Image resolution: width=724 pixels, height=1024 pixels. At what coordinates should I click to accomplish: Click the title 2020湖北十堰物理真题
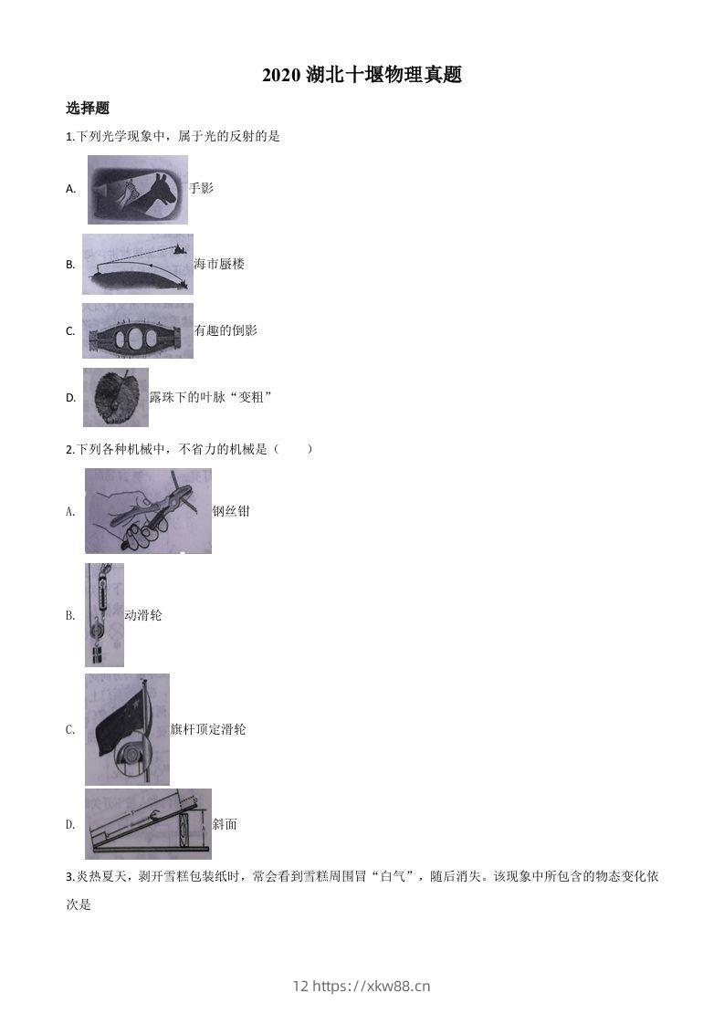362,76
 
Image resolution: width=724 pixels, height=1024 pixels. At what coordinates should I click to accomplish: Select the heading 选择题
88,108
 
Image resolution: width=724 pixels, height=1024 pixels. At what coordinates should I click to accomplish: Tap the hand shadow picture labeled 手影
138,190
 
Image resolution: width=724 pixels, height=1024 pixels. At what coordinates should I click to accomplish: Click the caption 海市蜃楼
219,264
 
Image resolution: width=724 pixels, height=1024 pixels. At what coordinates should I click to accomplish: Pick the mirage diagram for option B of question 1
137,264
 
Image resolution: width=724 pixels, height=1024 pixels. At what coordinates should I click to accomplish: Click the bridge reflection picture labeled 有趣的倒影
137,330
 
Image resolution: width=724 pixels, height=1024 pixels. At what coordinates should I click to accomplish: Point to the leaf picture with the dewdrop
115,397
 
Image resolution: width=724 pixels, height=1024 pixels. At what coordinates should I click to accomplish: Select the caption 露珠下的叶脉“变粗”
211,397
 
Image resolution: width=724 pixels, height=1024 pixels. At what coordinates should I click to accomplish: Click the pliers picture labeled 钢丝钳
148,511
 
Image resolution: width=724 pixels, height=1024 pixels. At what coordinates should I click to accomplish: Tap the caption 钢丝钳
230,511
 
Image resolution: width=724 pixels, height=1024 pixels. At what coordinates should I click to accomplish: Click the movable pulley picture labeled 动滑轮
103,614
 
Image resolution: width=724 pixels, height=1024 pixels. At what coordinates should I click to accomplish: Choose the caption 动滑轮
143,615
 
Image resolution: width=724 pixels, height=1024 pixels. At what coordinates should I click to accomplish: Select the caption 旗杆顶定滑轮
208,729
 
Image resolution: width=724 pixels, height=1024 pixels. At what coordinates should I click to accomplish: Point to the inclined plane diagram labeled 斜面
148,824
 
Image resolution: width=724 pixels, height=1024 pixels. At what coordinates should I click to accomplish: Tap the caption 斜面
225,824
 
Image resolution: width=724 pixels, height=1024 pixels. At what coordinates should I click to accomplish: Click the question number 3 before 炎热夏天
69,877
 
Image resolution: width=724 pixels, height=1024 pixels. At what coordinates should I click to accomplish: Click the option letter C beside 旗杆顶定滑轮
70,729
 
